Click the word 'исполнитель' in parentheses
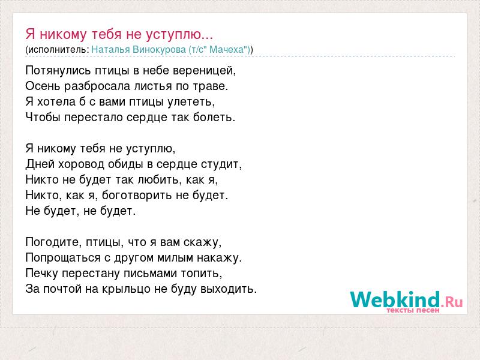[57, 50]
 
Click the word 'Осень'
[43, 86]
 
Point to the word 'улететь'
[190, 102]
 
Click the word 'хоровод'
[81, 164]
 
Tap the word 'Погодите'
[52, 242]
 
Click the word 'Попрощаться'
[63, 258]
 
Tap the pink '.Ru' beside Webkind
[452, 302]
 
